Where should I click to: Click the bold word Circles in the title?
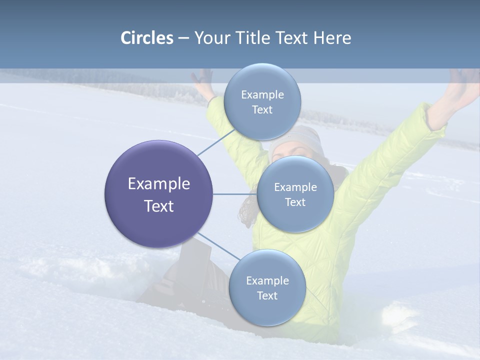point(146,38)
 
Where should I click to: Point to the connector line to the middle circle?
point(234,194)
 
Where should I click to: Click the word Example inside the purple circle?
point(159,184)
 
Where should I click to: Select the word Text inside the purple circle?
point(159,206)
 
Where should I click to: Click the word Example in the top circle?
point(262,95)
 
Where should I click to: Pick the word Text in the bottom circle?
point(267,295)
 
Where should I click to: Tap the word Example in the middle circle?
point(295,187)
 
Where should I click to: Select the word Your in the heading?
point(210,38)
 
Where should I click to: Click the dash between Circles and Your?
point(183,38)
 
